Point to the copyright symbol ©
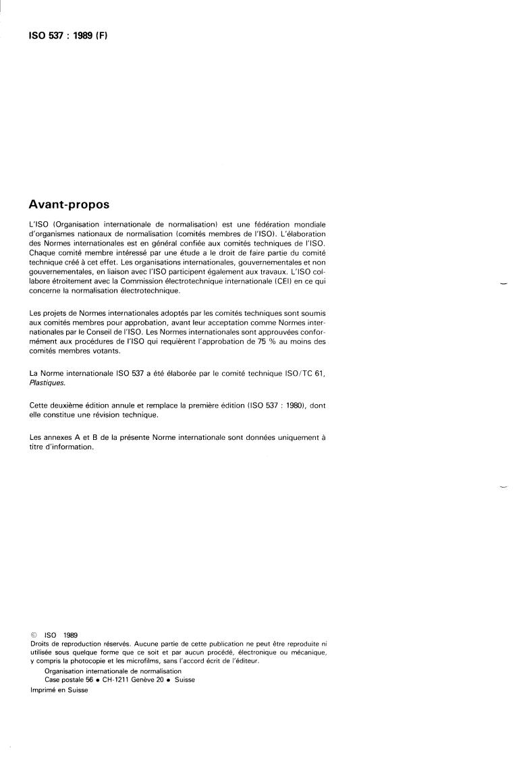pos(33,635)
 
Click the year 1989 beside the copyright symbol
pos(70,635)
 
